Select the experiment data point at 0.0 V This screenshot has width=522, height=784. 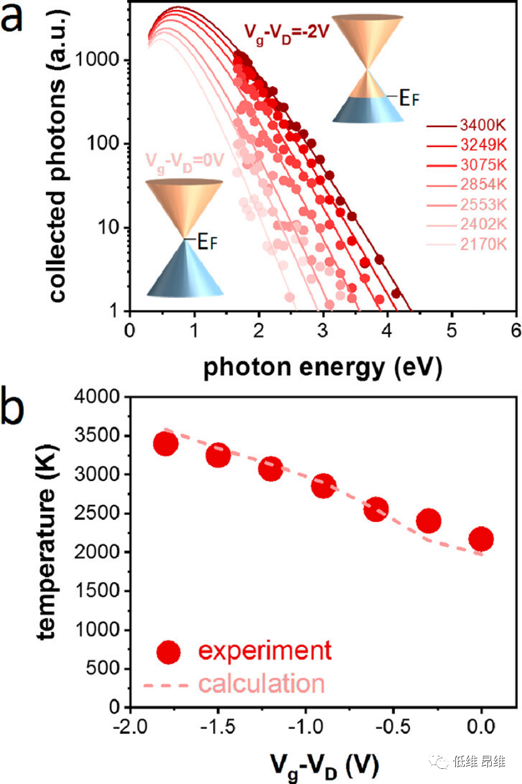[481, 539]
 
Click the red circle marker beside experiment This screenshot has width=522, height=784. [168, 652]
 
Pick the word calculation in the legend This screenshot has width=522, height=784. [262, 683]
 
